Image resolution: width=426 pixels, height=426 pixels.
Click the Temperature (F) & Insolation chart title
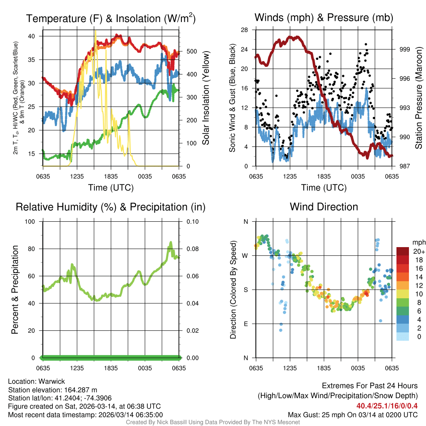(x=111, y=18)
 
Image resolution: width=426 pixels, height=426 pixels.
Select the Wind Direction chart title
(x=324, y=207)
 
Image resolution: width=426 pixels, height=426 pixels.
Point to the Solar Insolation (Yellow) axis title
(x=206, y=98)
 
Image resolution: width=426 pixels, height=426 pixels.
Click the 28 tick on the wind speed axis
(x=245, y=30)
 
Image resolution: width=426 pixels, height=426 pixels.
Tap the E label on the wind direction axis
(x=246, y=324)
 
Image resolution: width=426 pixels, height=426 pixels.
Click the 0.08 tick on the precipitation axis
(x=192, y=249)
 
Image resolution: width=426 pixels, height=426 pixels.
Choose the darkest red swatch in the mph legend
(x=404, y=251)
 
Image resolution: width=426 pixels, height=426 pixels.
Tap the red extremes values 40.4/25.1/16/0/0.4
(x=387, y=406)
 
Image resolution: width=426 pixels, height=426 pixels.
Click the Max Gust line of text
(x=353, y=415)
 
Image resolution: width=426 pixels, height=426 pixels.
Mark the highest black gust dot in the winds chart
(x=366, y=44)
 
